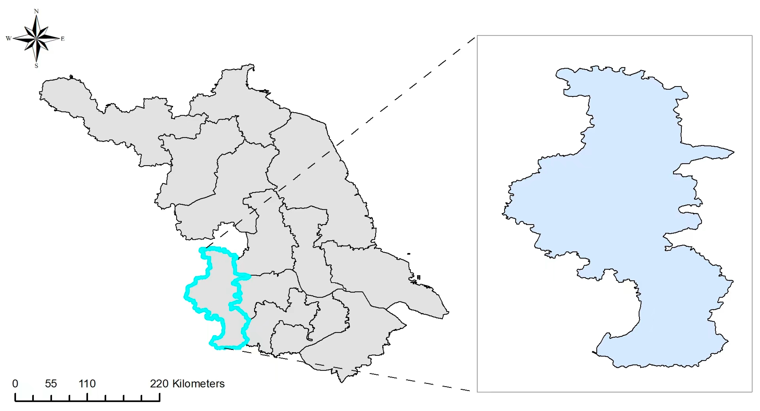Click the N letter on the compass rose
pyautogui.click(x=36, y=11)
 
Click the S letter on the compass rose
pyautogui.click(x=36, y=66)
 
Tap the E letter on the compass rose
pyautogui.click(x=63, y=39)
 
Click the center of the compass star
pyautogui.click(x=36, y=38)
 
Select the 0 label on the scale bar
pyautogui.click(x=15, y=384)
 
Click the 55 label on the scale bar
pyautogui.click(x=51, y=384)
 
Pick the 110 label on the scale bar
pyautogui.click(x=87, y=384)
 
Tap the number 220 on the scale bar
pyautogui.click(x=159, y=384)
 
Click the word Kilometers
pyautogui.click(x=198, y=384)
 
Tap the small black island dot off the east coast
pyautogui.click(x=409, y=254)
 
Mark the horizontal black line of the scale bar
pyautogui.click(x=87, y=401)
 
